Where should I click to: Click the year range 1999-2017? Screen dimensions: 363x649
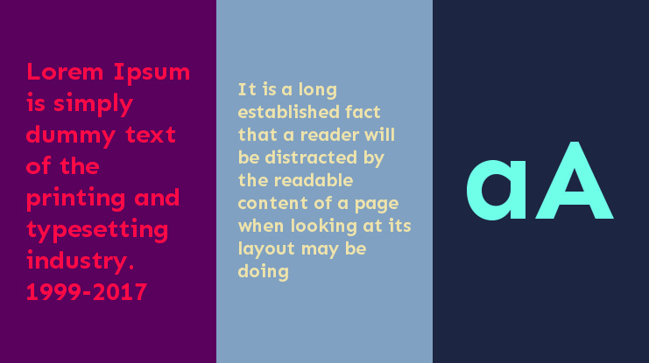87,292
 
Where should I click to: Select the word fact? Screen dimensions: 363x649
363,112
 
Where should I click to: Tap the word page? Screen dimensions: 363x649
378,203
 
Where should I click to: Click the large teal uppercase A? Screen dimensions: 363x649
574,180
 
